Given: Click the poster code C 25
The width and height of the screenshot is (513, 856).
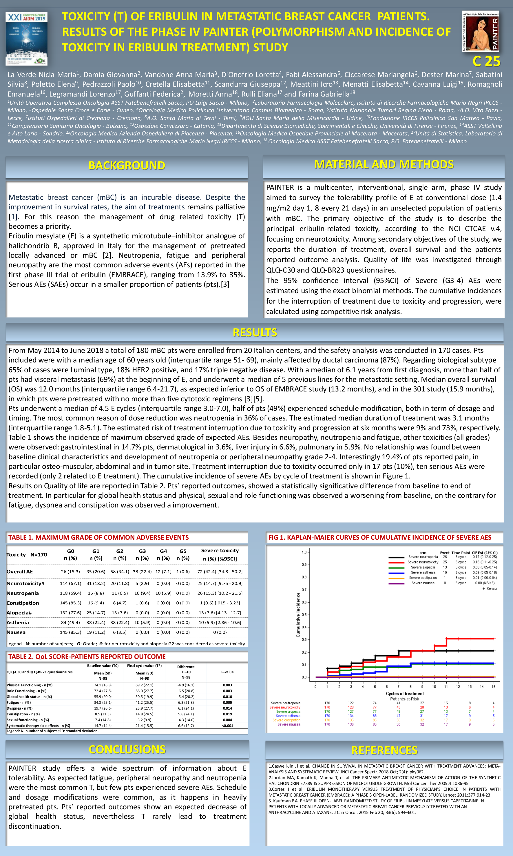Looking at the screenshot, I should (x=486, y=61).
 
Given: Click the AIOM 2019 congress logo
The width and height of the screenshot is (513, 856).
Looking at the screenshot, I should (x=26, y=38).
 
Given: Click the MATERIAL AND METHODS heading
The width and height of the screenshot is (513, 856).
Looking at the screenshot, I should (x=384, y=164).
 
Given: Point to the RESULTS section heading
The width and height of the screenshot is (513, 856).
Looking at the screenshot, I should (x=255, y=333).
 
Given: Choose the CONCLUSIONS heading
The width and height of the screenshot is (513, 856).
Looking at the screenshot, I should (x=127, y=749).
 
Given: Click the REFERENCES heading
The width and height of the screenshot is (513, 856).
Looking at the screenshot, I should (x=384, y=750).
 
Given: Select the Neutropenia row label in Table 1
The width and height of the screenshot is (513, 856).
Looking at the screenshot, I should (x=23, y=593).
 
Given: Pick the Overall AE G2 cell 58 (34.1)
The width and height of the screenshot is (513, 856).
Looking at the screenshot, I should (x=120, y=571).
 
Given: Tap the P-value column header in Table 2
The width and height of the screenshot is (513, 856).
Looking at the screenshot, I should (x=227, y=672).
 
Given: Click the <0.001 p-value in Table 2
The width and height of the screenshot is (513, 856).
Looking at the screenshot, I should (x=227, y=726).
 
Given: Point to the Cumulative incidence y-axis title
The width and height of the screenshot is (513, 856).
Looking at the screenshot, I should (x=298, y=615).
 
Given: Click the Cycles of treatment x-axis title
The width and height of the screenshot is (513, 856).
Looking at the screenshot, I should (x=404, y=693).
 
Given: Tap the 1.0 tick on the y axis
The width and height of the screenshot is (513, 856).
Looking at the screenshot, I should (x=304, y=552).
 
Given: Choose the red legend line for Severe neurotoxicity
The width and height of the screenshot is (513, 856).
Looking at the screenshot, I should (x=396, y=562).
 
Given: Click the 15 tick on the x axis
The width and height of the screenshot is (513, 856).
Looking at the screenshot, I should (x=493, y=686).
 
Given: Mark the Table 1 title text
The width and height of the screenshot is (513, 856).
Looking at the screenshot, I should (x=98, y=537).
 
